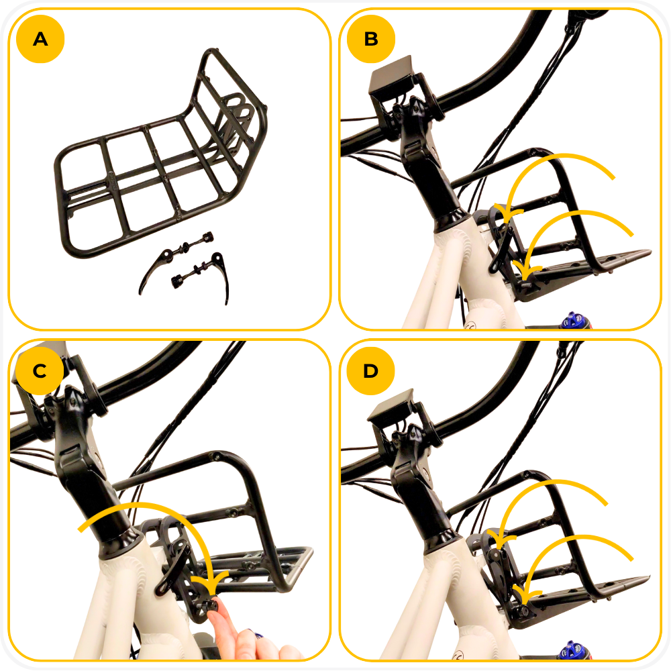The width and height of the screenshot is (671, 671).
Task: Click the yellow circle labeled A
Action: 40,39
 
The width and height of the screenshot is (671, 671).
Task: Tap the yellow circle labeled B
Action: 371,39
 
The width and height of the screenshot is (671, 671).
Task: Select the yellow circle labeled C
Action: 40,370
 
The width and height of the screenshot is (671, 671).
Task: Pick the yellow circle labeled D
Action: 370,370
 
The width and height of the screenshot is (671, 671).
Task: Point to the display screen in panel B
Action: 391,80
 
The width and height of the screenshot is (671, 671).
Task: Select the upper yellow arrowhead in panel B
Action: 508,214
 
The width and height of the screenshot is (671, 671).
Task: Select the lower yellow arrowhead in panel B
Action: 526,270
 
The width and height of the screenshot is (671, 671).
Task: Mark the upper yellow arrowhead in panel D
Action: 501,539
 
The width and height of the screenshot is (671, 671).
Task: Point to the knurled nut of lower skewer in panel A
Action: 176,281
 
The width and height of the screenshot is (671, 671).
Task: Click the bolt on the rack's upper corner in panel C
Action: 215,456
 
